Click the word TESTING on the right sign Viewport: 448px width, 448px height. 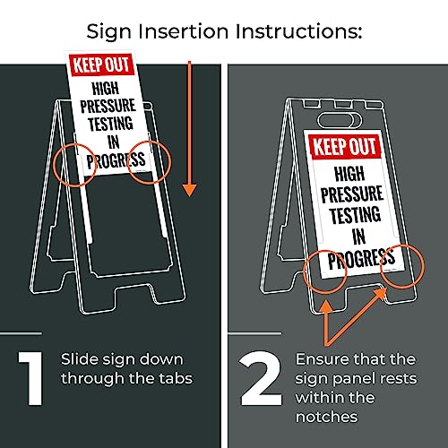coord(357,217)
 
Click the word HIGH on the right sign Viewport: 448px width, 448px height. coord(356,172)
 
